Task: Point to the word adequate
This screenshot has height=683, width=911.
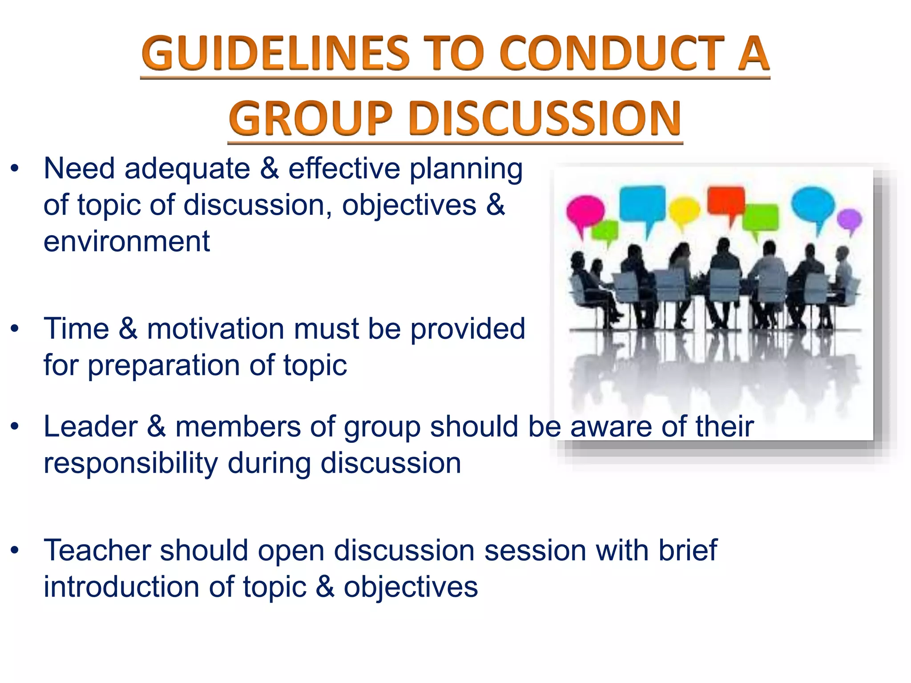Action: pyautogui.click(x=187, y=169)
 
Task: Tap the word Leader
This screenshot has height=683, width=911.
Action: pyautogui.click(x=91, y=427)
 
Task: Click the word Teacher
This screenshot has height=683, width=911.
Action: pyautogui.click(x=97, y=551)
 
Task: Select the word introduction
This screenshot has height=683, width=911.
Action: pyautogui.click(x=121, y=587)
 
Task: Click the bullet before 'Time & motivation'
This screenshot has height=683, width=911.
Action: pyautogui.click(x=15, y=329)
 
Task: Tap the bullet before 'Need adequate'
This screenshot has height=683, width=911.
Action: pyautogui.click(x=15, y=169)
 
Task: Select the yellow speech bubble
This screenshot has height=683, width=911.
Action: pyautogui.click(x=684, y=211)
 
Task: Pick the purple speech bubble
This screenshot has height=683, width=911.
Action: pyautogui.click(x=850, y=220)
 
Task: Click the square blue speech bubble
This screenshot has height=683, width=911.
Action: pyautogui.click(x=643, y=204)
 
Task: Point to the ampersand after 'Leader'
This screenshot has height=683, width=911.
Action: pyautogui.click(x=156, y=427)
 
